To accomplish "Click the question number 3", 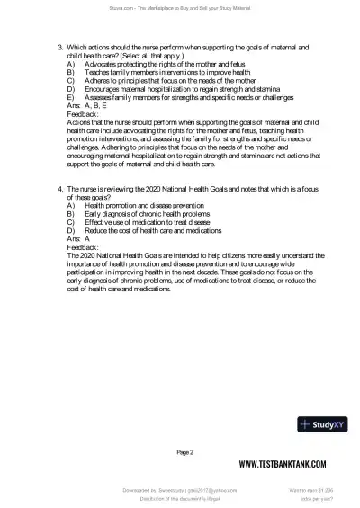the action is click(x=59, y=45).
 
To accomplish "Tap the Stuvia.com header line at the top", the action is click(x=180, y=9).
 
